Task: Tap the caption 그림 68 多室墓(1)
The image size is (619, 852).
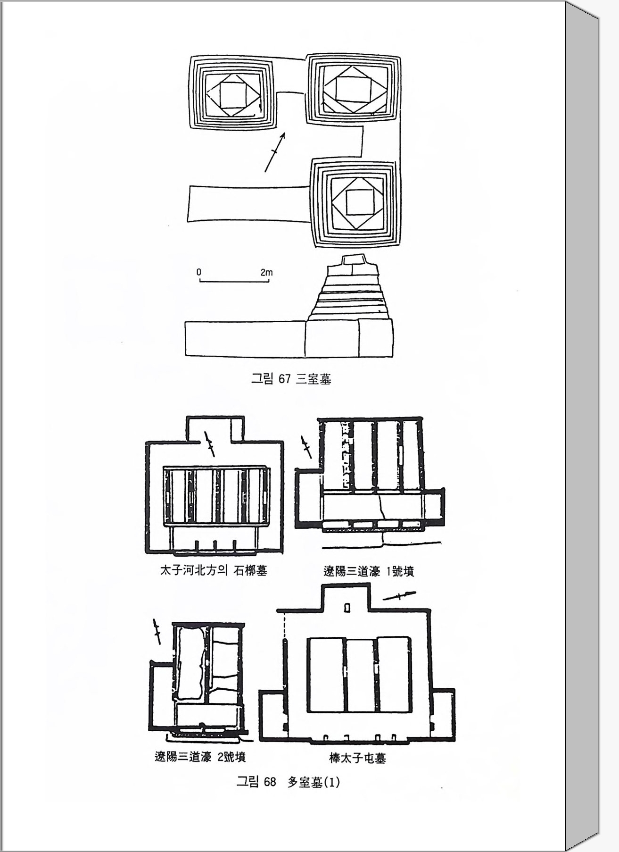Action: click(x=288, y=782)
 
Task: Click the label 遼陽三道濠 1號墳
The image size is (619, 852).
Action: click(x=369, y=571)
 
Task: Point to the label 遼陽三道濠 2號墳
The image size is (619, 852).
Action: click(x=200, y=757)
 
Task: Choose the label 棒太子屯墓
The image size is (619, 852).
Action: click(x=357, y=758)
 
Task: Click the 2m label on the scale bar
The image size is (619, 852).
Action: click(x=266, y=272)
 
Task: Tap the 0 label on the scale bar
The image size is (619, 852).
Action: click(x=199, y=272)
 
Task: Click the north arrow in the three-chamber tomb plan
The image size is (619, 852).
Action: click(x=275, y=152)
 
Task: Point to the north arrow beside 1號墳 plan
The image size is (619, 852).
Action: click(x=306, y=447)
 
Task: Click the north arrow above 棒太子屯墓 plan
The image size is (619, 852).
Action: click(x=400, y=596)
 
